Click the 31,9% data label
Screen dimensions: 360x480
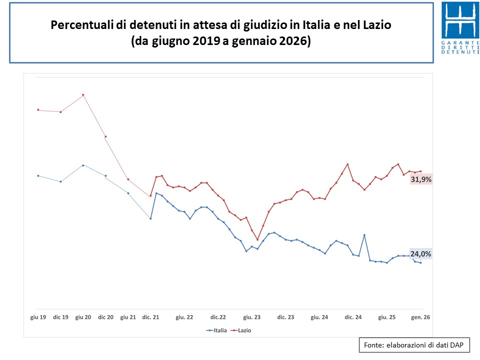(x=420, y=179)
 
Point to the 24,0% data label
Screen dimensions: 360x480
(x=420, y=253)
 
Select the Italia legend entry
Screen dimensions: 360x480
(x=217, y=330)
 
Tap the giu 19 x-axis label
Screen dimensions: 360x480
(x=38, y=317)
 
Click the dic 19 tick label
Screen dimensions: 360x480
(x=60, y=317)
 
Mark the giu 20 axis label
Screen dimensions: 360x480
(x=83, y=317)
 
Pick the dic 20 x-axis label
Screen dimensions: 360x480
(x=105, y=317)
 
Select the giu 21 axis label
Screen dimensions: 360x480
(x=128, y=317)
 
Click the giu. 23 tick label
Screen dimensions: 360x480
(x=251, y=317)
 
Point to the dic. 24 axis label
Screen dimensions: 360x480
(x=353, y=317)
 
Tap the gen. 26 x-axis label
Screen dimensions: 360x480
(x=420, y=317)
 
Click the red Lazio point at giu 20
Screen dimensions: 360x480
(x=83, y=95)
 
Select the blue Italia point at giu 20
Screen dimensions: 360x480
(x=83, y=165)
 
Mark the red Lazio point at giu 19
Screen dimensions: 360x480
(x=38, y=110)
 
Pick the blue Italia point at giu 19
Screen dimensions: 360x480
(x=38, y=175)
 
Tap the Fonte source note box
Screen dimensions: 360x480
(x=414, y=345)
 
